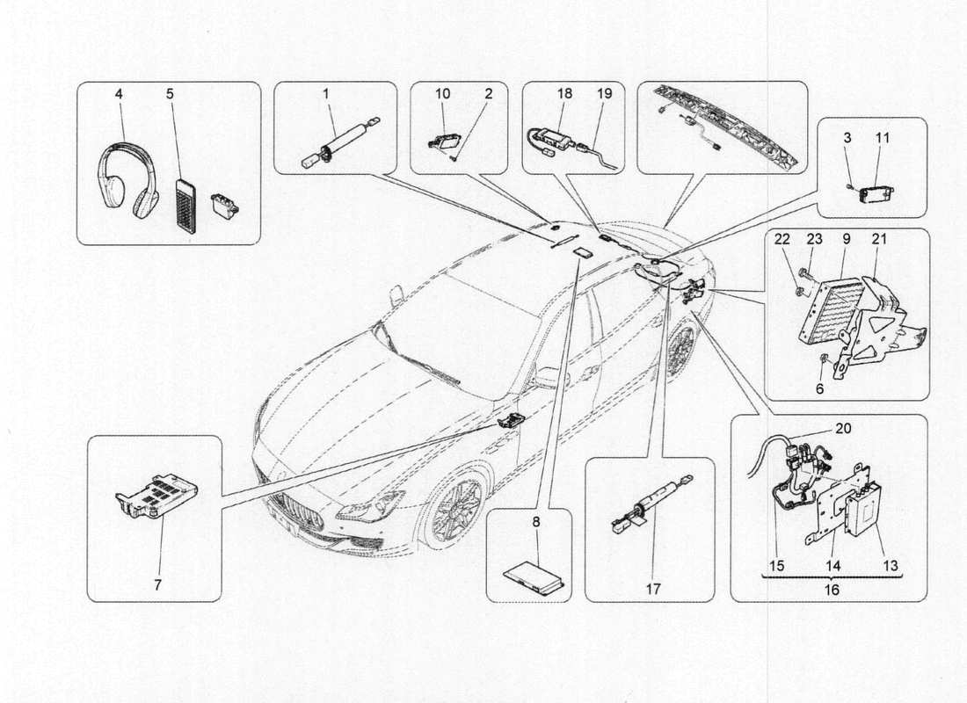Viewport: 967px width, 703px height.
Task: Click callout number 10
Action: click(x=443, y=92)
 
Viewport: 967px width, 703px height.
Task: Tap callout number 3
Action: click(x=847, y=138)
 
